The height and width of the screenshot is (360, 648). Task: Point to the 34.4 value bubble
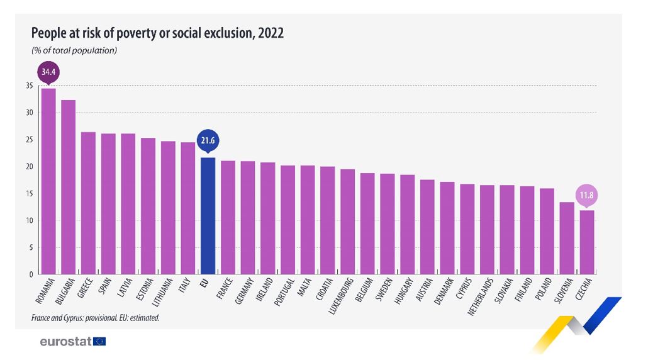point(48,72)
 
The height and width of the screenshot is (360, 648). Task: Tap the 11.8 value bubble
point(586,195)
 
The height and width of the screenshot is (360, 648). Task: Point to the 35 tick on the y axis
point(29,86)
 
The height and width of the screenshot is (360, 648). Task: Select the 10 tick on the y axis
point(29,221)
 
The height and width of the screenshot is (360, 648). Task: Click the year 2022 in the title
point(270,33)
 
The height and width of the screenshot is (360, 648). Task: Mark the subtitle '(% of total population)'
point(74,50)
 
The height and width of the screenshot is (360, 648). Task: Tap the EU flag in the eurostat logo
point(99,342)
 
